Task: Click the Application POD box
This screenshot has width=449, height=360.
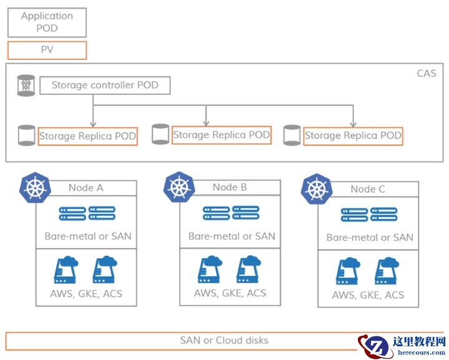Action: click(47, 22)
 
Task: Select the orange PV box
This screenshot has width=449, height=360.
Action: click(47, 50)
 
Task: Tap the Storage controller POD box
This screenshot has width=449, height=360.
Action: click(105, 85)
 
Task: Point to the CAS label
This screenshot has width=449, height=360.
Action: click(427, 74)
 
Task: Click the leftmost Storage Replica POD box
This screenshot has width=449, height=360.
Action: click(88, 136)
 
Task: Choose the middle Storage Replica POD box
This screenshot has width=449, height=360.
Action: click(221, 135)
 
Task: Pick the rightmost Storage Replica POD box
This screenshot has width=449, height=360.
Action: click(353, 135)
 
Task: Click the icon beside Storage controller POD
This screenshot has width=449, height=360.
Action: click(26, 85)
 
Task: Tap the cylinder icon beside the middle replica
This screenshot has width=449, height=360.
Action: click(160, 134)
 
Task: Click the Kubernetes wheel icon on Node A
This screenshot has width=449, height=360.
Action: click(36, 187)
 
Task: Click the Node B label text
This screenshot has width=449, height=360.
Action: click(229, 187)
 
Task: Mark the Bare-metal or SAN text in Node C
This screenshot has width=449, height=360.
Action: click(369, 238)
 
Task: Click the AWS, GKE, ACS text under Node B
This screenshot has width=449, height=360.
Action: click(229, 293)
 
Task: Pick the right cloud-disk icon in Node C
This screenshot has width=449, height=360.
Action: click(387, 271)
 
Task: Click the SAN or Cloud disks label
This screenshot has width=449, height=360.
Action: click(224, 341)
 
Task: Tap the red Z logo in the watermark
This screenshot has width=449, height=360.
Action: click(374, 346)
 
